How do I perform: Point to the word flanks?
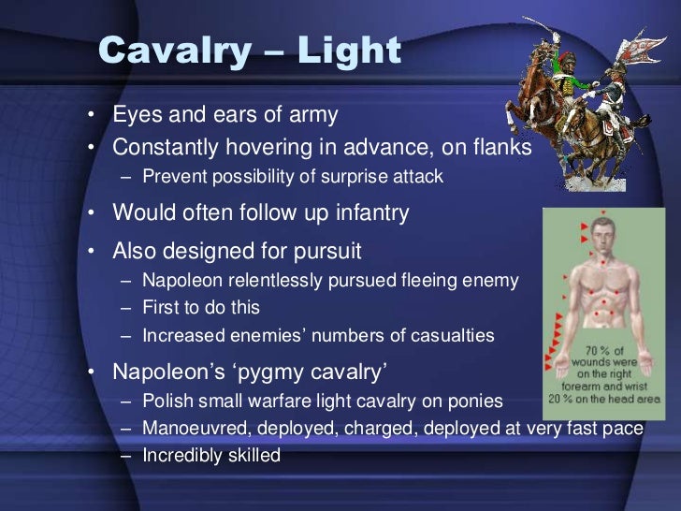[x=499, y=148]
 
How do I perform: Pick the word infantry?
[x=368, y=213]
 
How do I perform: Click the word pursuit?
[x=326, y=252]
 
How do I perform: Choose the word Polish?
[x=168, y=401]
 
